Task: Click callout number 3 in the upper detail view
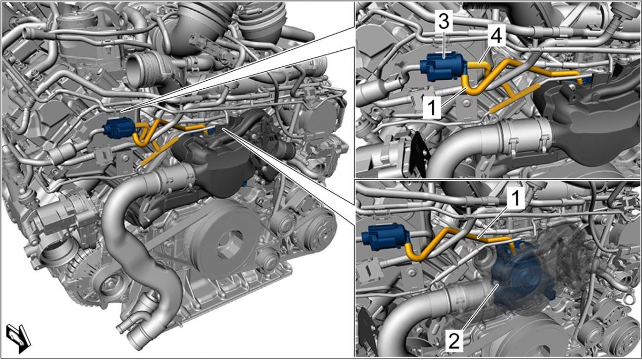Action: pos(444,20)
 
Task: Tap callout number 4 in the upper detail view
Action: pos(496,36)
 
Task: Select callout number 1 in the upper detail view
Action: pos(432,106)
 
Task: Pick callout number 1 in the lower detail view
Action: pos(516,198)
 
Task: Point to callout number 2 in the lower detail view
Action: pos(455,341)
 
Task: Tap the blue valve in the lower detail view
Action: pos(385,236)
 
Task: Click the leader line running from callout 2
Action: pos(479,308)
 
